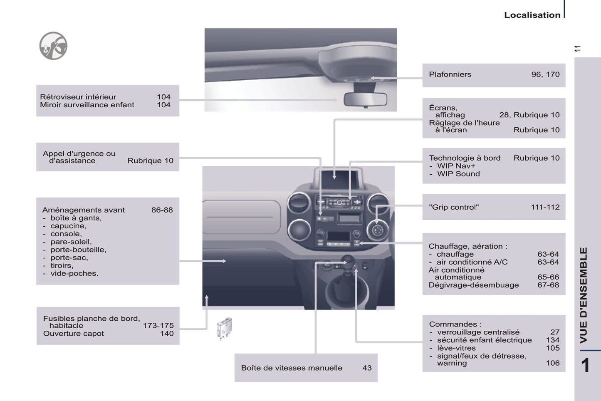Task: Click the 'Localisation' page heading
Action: (x=532, y=15)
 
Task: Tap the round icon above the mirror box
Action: (x=53, y=46)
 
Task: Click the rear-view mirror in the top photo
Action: (x=365, y=99)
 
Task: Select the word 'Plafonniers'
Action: (x=450, y=74)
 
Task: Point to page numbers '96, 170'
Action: (x=545, y=74)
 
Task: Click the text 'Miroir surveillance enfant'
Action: (x=87, y=105)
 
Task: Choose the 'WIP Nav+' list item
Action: (x=456, y=166)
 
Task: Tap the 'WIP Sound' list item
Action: (x=458, y=174)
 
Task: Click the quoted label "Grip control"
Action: (x=454, y=207)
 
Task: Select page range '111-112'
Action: (x=545, y=207)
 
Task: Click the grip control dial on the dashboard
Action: (x=377, y=230)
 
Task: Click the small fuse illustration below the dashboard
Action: (x=225, y=328)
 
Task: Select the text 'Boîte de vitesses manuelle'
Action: (x=292, y=368)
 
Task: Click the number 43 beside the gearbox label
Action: (x=367, y=368)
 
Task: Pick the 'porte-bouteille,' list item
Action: (x=78, y=250)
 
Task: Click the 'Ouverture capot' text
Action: (x=74, y=334)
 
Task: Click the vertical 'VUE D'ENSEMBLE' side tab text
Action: (x=584, y=295)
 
